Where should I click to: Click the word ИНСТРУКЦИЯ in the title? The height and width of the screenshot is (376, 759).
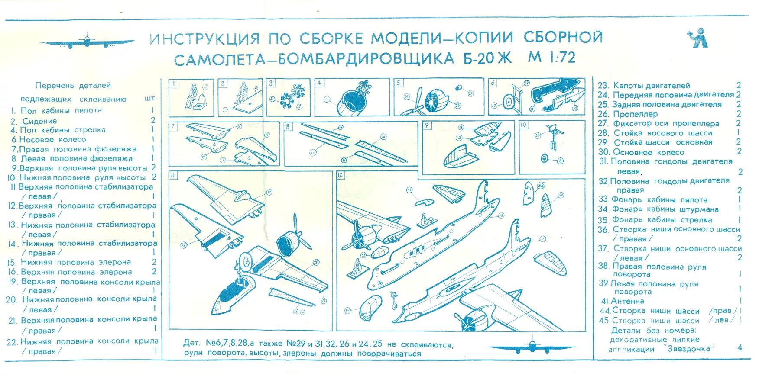pyautogui.click(x=204, y=39)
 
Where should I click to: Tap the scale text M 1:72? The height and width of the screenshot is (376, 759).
pyautogui.click(x=551, y=57)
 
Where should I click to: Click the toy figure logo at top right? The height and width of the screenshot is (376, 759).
pyautogui.click(x=698, y=38)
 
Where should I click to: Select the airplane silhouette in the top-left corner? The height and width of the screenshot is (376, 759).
pyautogui.click(x=87, y=42)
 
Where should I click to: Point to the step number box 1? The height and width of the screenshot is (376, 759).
pyautogui.click(x=173, y=84)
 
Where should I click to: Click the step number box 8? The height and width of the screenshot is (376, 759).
pyautogui.click(x=288, y=126)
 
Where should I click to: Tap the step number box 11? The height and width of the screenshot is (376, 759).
pyautogui.click(x=173, y=175)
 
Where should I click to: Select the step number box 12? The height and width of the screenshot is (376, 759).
pyautogui.click(x=341, y=175)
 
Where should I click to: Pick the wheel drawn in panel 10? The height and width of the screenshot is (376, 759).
pyautogui.click(x=545, y=158)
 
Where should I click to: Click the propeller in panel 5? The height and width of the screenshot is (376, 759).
pyautogui.click(x=416, y=104)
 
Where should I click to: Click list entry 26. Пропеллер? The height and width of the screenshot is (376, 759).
pyautogui.click(x=628, y=114)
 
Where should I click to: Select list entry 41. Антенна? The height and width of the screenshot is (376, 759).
pyautogui.click(x=622, y=301)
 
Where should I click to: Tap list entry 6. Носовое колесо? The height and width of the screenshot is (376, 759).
pyautogui.click(x=49, y=140)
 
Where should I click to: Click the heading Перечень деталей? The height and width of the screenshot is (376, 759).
pyautogui.click(x=73, y=86)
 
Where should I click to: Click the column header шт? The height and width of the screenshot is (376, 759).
pyautogui.click(x=150, y=99)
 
